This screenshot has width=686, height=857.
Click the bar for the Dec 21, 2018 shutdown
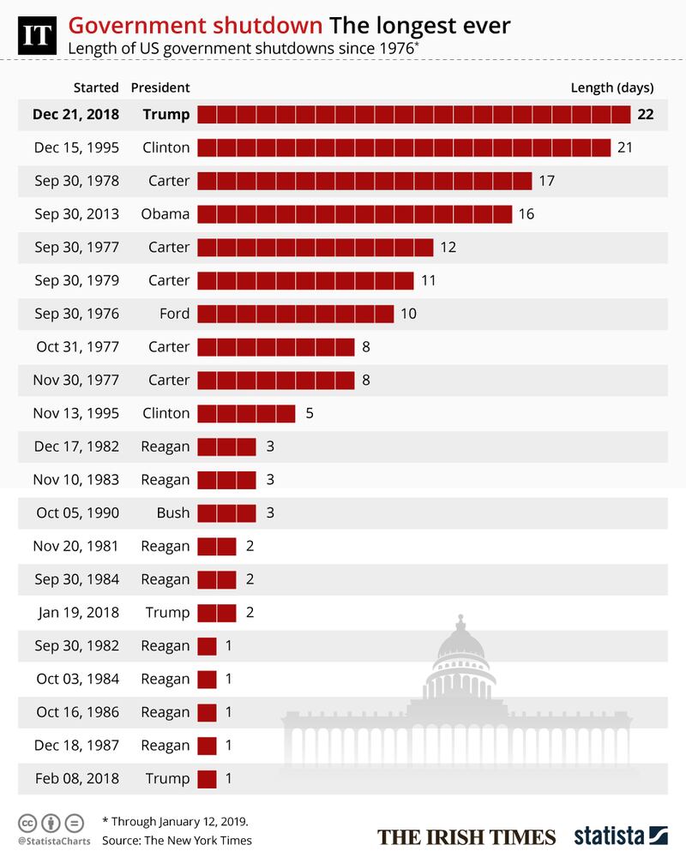pyautogui.click(x=414, y=115)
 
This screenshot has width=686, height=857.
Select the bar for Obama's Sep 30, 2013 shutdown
pyautogui.click(x=354, y=213)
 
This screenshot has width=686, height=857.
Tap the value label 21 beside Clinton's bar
pyautogui.click(x=624, y=147)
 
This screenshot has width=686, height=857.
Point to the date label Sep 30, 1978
pyautogui.click(x=76, y=181)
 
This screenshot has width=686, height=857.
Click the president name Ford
pyautogui.click(x=174, y=314)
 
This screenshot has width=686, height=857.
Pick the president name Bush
pyautogui.click(x=173, y=513)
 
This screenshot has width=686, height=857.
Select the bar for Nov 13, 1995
pyautogui.click(x=246, y=414)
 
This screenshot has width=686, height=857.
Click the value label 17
pyautogui.click(x=547, y=181)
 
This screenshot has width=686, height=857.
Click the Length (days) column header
pyautogui.click(x=611, y=87)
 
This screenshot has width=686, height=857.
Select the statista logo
pyautogui.click(x=621, y=836)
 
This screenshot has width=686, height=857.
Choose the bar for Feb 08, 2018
pyautogui.click(x=207, y=779)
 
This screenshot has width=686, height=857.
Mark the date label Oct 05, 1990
pyautogui.click(x=77, y=513)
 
